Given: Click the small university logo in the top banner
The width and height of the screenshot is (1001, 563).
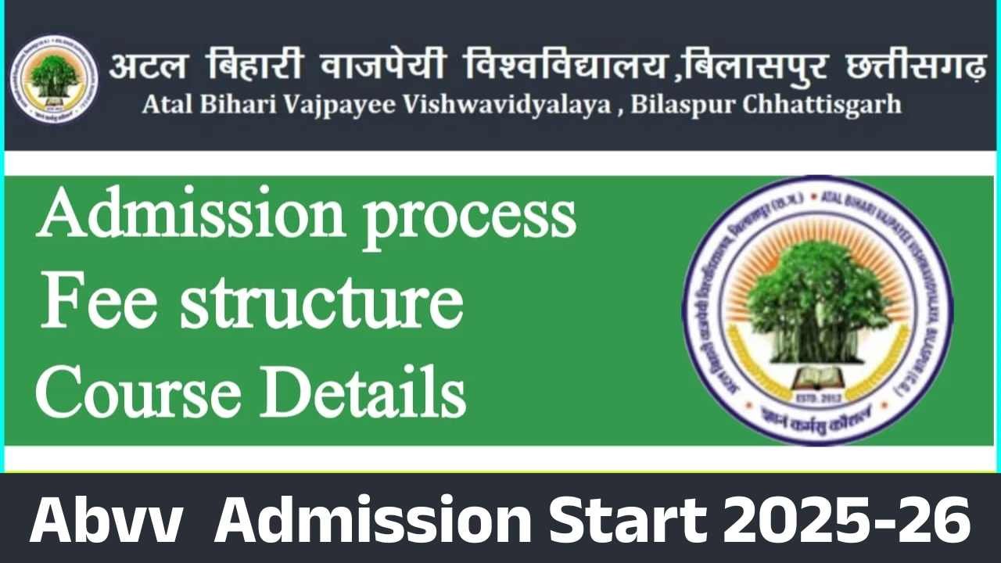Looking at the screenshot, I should (54, 79).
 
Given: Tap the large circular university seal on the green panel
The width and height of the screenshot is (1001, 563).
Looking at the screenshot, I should (816, 312).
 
